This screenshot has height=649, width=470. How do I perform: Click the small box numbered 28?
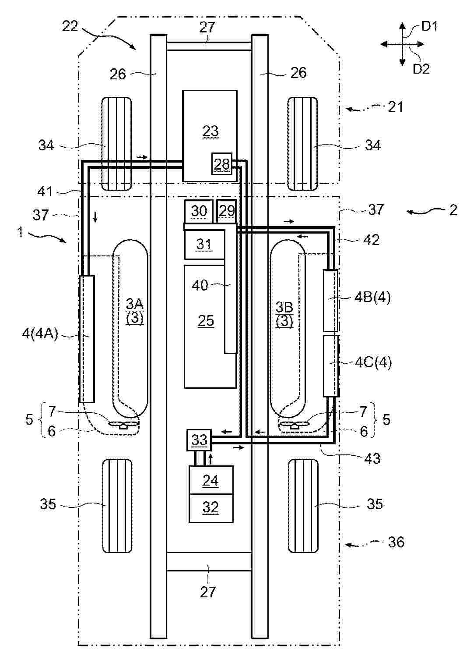[222, 163]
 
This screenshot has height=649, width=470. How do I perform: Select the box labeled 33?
[199, 440]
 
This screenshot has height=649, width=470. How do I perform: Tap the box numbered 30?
[199, 211]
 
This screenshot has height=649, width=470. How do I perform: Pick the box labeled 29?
[227, 211]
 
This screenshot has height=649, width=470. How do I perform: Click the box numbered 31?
[205, 244]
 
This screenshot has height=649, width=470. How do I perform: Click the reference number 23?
[210, 131]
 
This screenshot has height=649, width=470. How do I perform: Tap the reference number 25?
[206, 321]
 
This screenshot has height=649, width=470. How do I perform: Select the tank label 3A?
[135, 304]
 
